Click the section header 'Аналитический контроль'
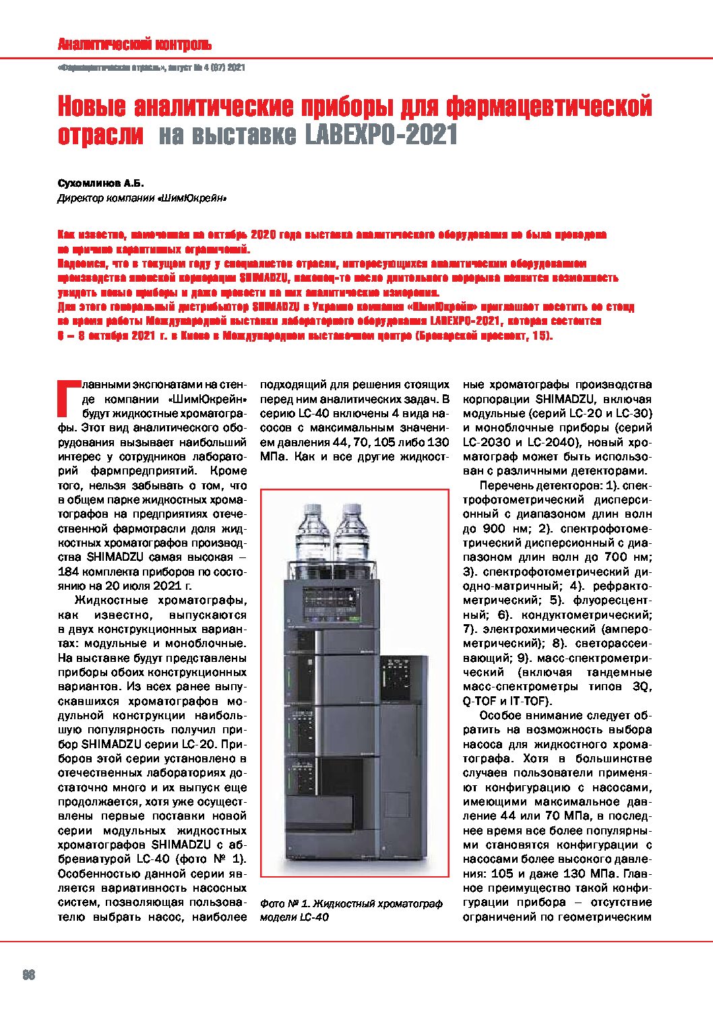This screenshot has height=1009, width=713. click(x=134, y=45)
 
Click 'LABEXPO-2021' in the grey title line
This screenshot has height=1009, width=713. click(x=381, y=135)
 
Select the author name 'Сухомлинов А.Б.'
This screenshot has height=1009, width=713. click(x=100, y=183)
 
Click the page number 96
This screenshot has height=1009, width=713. click(x=28, y=975)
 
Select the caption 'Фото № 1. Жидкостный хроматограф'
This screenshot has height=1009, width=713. click(x=350, y=903)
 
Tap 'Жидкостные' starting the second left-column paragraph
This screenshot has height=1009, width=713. click(x=111, y=601)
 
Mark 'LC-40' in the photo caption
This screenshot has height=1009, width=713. click(x=314, y=917)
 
